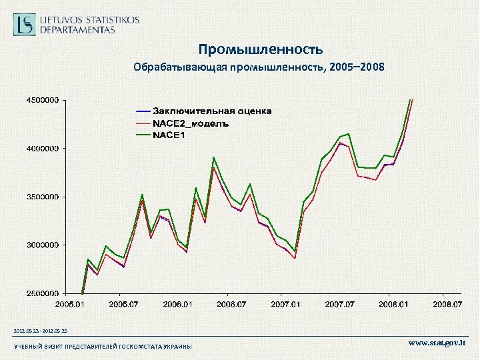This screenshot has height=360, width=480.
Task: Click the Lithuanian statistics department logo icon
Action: tap(25, 25)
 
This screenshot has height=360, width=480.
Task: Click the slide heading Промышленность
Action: tap(260, 49)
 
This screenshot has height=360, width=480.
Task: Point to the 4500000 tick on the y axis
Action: tap(42, 100)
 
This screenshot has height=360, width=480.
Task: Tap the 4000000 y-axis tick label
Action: tap(42, 148)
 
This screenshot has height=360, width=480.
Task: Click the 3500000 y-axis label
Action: tap(42, 197)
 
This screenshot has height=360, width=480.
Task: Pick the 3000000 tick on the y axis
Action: tap(42, 245)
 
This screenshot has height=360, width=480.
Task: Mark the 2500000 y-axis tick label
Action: tap(42, 293)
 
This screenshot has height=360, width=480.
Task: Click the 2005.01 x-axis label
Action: tap(70, 304)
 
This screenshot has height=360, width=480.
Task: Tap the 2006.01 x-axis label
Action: tap(177, 304)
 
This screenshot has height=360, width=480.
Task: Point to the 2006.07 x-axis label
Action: tap(231, 304)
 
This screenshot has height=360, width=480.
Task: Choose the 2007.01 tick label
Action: tap(285, 304)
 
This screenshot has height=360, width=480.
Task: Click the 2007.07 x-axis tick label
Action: tap(339, 304)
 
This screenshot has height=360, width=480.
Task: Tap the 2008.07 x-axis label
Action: tap(447, 304)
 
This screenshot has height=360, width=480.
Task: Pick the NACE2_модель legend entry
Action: tap(191, 123)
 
